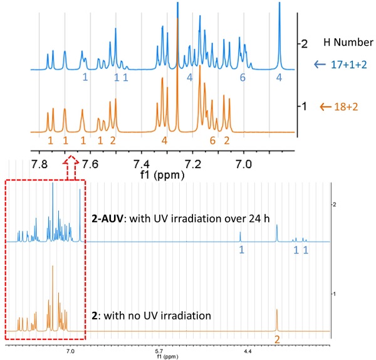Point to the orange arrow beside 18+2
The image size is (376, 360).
[x=325, y=107]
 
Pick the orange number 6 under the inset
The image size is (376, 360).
[x=212, y=140]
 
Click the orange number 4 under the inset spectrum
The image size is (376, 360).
[x=164, y=140]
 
